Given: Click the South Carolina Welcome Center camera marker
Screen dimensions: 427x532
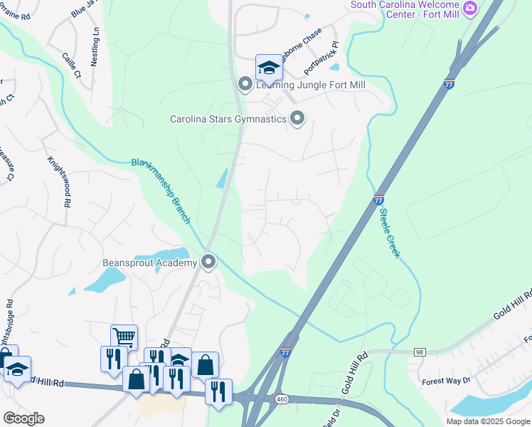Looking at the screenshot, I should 469,9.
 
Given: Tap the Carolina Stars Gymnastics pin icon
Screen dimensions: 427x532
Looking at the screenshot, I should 297,119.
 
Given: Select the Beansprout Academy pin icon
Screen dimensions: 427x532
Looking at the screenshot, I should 208,263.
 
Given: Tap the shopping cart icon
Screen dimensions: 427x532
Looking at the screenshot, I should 124,337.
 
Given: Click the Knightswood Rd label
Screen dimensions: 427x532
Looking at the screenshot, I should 60,181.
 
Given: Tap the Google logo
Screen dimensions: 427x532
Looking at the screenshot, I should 23,418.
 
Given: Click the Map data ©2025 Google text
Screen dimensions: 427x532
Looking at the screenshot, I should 488,421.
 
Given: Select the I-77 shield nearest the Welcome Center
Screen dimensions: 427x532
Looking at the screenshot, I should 449,84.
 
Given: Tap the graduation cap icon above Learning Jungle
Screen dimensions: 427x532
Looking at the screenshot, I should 269,68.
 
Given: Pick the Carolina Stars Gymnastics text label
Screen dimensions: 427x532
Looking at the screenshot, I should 228,119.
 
